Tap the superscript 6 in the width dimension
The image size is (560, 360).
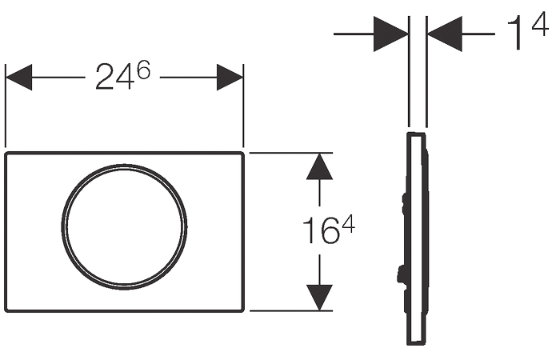pyautogui.click(x=143, y=70)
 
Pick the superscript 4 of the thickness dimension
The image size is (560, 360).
pyautogui.click(x=540, y=24)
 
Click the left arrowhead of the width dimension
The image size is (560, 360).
pyautogui.click(x=18, y=77)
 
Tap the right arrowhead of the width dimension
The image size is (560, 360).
pyautogui.click(x=230, y=77)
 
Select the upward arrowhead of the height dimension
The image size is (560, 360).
pyautogui.click(x=320, y=166)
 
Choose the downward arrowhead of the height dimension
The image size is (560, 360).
pyautogui.click(x=320, y=298)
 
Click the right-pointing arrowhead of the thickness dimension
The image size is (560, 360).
pyautogui.click(x=391, y=34)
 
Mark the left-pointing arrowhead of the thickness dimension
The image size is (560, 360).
pyautogui.click(x=445, y=34)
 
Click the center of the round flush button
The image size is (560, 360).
pyautogui.click(x=124, y=226)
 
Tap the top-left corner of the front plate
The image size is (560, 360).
pyautogui.click(x=6, y=154)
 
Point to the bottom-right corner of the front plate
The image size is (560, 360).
pyautogui.click(x=243, y=310)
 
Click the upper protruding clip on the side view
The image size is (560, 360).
pyautogui.click(x=404, y=203)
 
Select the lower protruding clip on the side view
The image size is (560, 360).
pyautogui.click(x=402, y=275)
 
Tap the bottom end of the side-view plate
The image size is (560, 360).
pyautogui.click(x=416, y=344)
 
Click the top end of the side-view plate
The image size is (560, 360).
pyautogui.click(x=416, y=134)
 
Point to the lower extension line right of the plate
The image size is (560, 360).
pyautogui.click(x=291, y=310)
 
